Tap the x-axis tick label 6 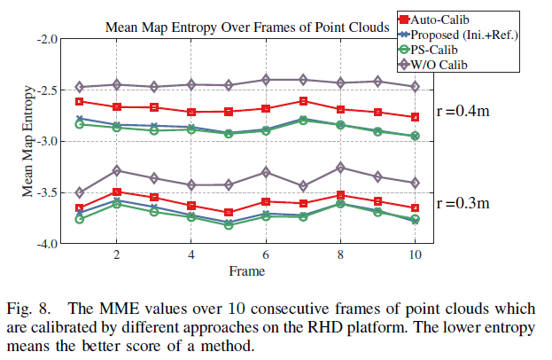coord(266,254)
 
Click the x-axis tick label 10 coord(415,254)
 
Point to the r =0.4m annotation coord(464,112)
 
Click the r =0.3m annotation coord(464,203)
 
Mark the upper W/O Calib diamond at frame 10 coord(415,86)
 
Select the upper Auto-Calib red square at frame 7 coord(303,101)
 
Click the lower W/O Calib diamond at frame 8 coord(340,168)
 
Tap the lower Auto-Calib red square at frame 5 coord(229,213)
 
